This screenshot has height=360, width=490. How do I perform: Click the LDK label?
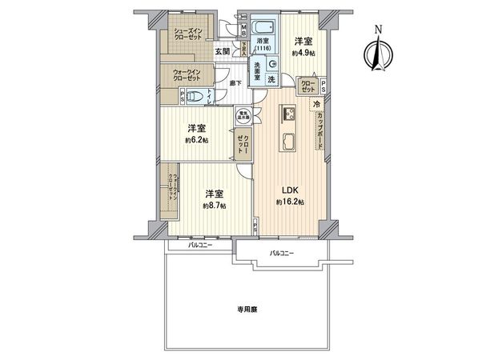coord(289,190)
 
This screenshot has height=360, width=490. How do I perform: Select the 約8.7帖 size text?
coord(214,206)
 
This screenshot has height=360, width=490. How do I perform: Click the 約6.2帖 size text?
coord(196,140)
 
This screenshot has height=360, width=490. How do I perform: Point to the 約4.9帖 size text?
coord(303,52)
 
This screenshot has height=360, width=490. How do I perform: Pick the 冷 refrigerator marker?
coord(317,104)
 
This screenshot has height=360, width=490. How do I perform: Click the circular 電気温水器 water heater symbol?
coord(242,114)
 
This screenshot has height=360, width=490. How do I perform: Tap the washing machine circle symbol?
coord(271,66)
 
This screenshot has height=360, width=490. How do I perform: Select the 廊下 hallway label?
coord(235,83)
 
